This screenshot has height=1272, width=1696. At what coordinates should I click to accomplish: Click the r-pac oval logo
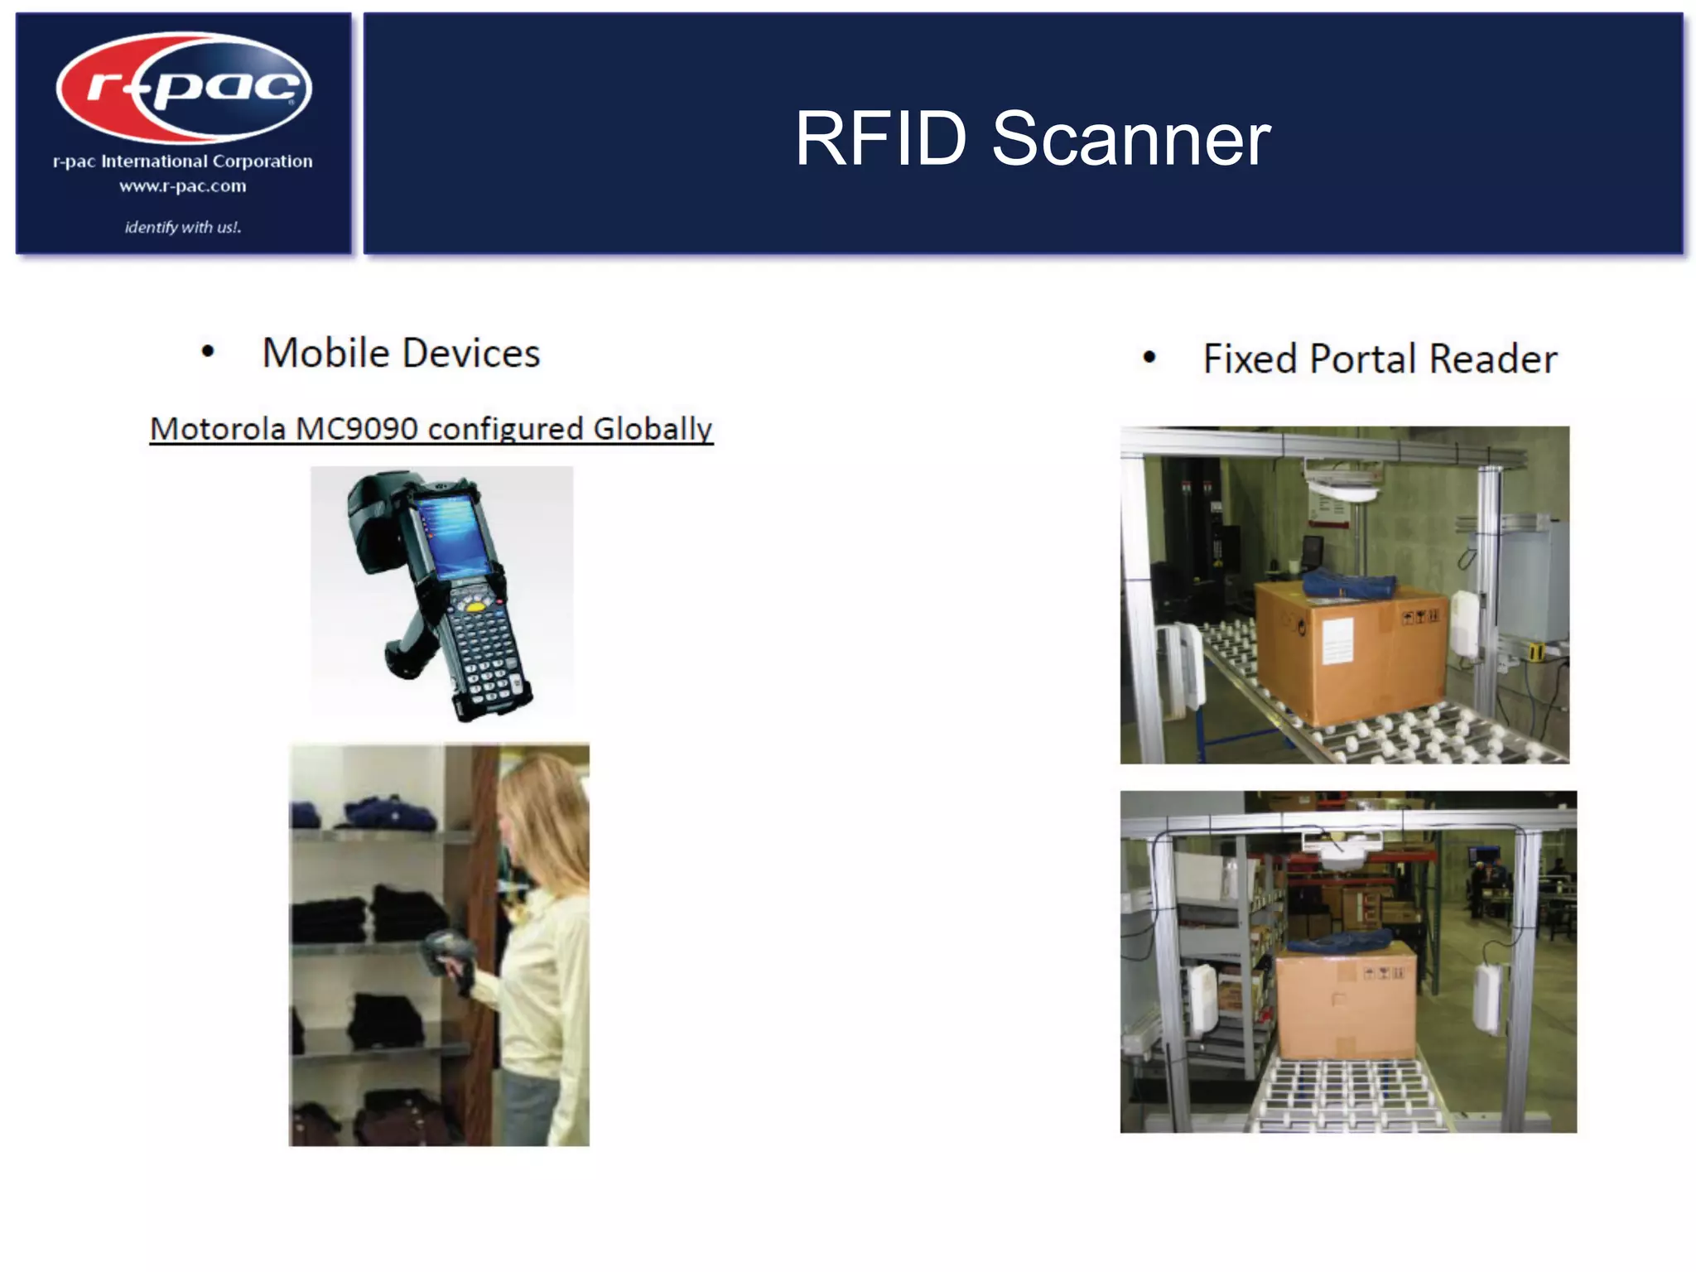(x=184, y=87)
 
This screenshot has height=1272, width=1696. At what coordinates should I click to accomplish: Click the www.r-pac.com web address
(x=182, y=186)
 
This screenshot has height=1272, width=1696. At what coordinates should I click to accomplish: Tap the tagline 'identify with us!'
(x=182, y=227)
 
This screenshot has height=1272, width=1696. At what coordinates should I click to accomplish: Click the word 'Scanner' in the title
(x=1130, y=139)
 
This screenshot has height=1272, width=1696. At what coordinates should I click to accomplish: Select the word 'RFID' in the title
(x=880, y=139)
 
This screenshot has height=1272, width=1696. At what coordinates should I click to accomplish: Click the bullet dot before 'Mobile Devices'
(x=208, y=353)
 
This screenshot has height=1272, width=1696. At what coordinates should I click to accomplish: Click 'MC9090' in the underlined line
(x=356, y=429)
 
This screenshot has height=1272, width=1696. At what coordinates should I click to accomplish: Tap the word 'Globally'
(x=653, y=429)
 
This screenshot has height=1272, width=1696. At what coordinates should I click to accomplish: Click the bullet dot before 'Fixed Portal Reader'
(x=1149, y=358)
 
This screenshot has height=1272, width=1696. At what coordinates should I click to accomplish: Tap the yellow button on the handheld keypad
(x=475, y=607)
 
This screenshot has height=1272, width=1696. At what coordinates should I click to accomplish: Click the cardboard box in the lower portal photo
(x=1346, y=1006)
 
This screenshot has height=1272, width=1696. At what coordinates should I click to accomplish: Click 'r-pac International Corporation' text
(x=182, y=161)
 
